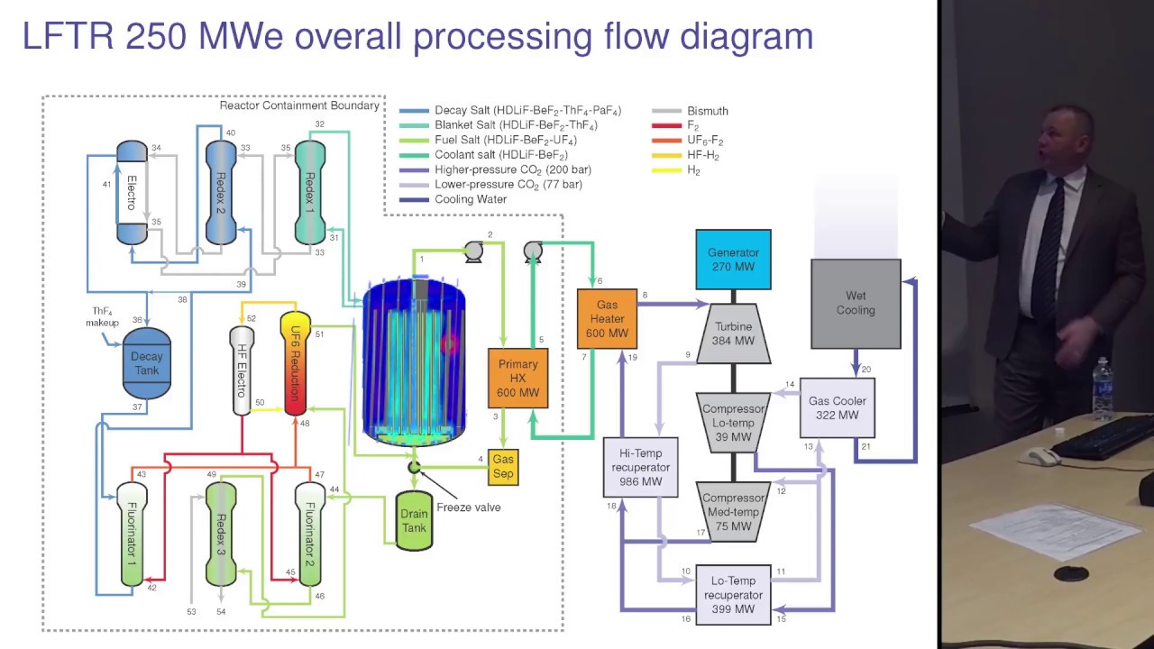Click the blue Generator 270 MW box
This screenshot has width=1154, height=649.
pos(733,260)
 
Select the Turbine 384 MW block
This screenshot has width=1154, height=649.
pos(733,334)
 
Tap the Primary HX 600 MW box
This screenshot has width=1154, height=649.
pos(517,378)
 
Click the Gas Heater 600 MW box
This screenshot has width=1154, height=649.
pos(607,319)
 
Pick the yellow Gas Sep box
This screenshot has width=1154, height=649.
pos(503,467)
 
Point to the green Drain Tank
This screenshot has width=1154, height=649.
pos(414,521)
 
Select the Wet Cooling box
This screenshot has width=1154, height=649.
pos(855,303)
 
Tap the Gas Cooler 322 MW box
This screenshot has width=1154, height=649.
pos(837,407)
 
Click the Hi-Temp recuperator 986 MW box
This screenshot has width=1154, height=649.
pos(640,467)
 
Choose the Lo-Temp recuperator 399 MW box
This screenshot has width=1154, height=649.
pos(733,595)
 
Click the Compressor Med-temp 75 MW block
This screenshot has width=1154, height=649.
pos(733,511)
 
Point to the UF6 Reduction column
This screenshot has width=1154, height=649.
pos(295,363)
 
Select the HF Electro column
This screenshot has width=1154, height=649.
pos(242,370)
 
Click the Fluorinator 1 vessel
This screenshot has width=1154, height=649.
pos(132,534)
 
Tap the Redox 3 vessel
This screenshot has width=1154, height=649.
pos(221,534)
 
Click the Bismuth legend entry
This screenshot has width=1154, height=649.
pos(707,111)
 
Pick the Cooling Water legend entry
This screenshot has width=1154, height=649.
pos(470,199)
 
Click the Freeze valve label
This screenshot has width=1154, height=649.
pos(468,507)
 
